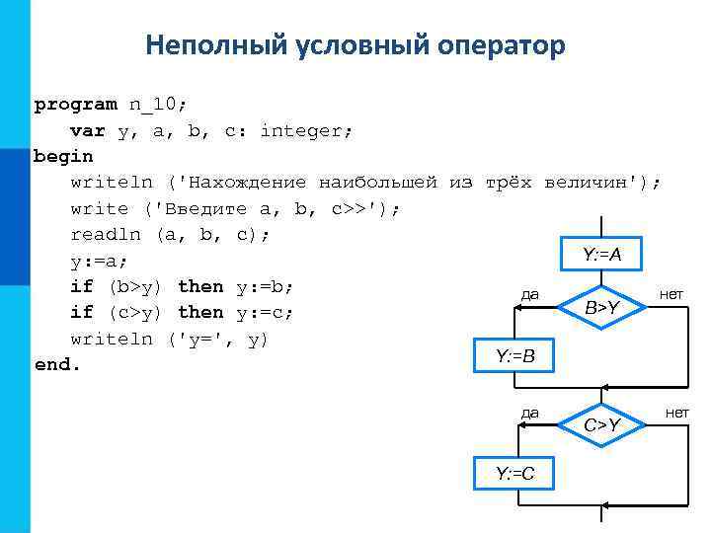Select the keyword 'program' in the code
tap(74, 104)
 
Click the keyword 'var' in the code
tap(88, 130)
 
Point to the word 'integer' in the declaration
tap(307, 130)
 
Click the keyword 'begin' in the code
tap(63, 156)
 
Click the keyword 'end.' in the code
tap(55, 364)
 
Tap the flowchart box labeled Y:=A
tap(601, 255)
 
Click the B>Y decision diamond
tap(601, 308)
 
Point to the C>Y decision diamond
tap(601, 424)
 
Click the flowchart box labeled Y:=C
tap(514, 474)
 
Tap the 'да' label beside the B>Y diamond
tap(530, 293)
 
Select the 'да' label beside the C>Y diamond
tap(530, 412)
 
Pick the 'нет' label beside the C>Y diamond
tap(676, 412)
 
